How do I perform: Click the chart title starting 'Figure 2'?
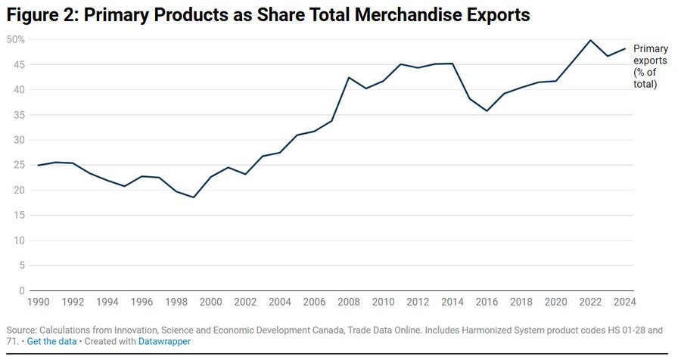click(269, 15)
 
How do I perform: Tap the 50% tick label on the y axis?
click(15, 39)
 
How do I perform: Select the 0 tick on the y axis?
click(22, 290)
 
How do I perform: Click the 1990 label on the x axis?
click(38, 302)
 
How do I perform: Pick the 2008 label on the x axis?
click(348, 302)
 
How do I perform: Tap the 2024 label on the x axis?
click(624, 302)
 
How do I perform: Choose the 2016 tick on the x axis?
click(487, 302)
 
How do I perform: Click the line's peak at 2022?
click(590, 40)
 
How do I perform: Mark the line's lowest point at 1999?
click(194, 197)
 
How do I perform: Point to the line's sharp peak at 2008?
click(349, 77)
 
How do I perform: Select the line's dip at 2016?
click(487, 111)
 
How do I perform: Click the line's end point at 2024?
click(625, 48)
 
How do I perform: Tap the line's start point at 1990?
click(38, 165)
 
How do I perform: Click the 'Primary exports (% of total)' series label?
click(650, 67)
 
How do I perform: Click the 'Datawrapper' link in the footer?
click(164, 342)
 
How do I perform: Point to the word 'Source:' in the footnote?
click(20, 331)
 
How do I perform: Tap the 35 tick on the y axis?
click(18, 115)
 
